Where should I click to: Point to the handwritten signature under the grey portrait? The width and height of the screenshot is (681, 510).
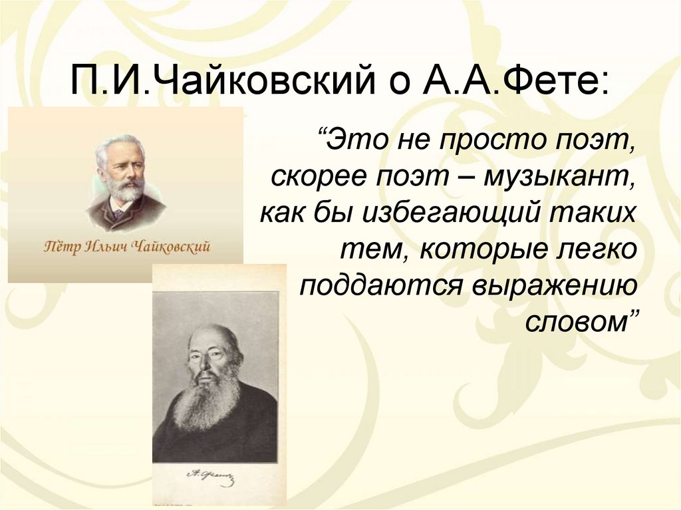point(213,475)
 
